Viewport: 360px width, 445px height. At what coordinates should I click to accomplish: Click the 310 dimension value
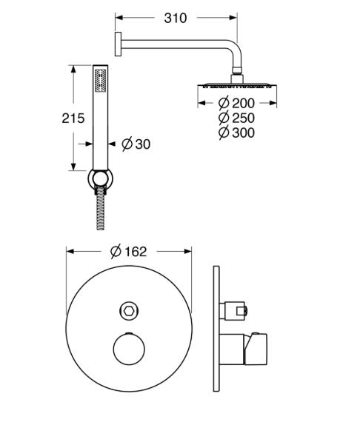coord(175,19)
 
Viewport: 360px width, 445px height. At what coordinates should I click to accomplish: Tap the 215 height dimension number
coord(73,118)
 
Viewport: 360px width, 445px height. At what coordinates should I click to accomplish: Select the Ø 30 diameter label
coord(136,144)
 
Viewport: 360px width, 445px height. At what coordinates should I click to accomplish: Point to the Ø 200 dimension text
coord(236,103)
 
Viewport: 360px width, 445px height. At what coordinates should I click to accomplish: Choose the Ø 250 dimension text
coord(236,118)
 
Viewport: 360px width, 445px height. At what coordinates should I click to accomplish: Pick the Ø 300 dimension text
coord(236,133)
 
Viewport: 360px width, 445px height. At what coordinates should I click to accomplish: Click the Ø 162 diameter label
coord(129,252)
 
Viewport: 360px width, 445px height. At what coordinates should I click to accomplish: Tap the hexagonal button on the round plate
coord(129,311)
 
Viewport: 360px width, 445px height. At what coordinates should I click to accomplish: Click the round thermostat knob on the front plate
coord(129,349)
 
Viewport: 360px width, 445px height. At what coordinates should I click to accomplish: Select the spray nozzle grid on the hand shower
coord(100,80)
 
